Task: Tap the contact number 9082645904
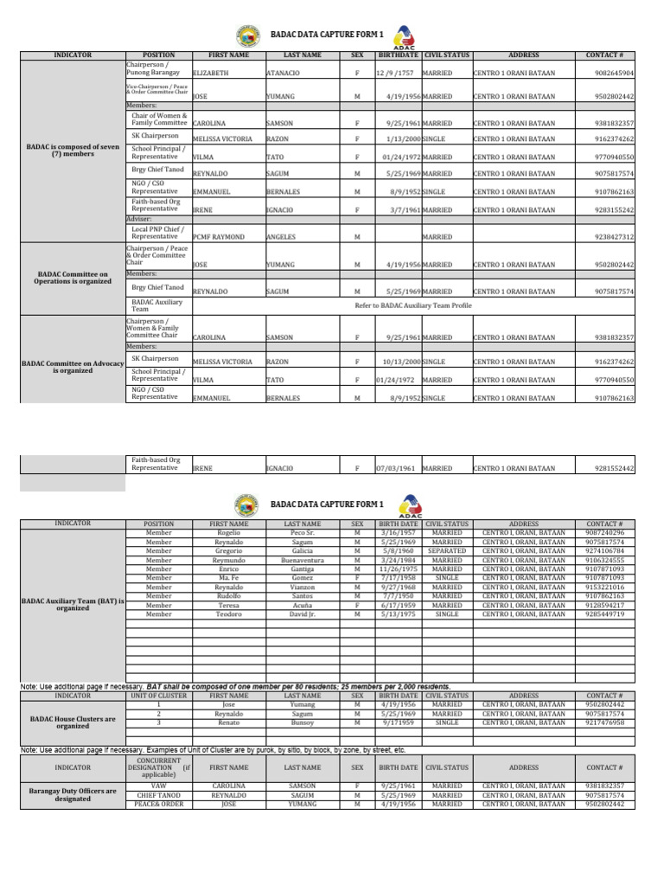[x=614, y=74]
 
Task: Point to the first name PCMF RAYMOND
[x=219, y=237]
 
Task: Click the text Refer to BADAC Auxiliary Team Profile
[x=413, y=305]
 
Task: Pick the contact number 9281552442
[x=614, y=468]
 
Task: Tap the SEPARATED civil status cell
[x=446, y=550]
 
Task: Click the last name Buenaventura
[x=303, y=560]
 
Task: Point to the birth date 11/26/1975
[x=398, y=569]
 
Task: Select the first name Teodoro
[x=229, y=614]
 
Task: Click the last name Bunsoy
[x=303, y=722]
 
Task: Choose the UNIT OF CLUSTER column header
[x=158, y=695]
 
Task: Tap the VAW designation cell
[x=158, y=786]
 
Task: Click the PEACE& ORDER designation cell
[x=158, y=804]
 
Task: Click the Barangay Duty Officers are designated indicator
[x=73, y=794]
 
